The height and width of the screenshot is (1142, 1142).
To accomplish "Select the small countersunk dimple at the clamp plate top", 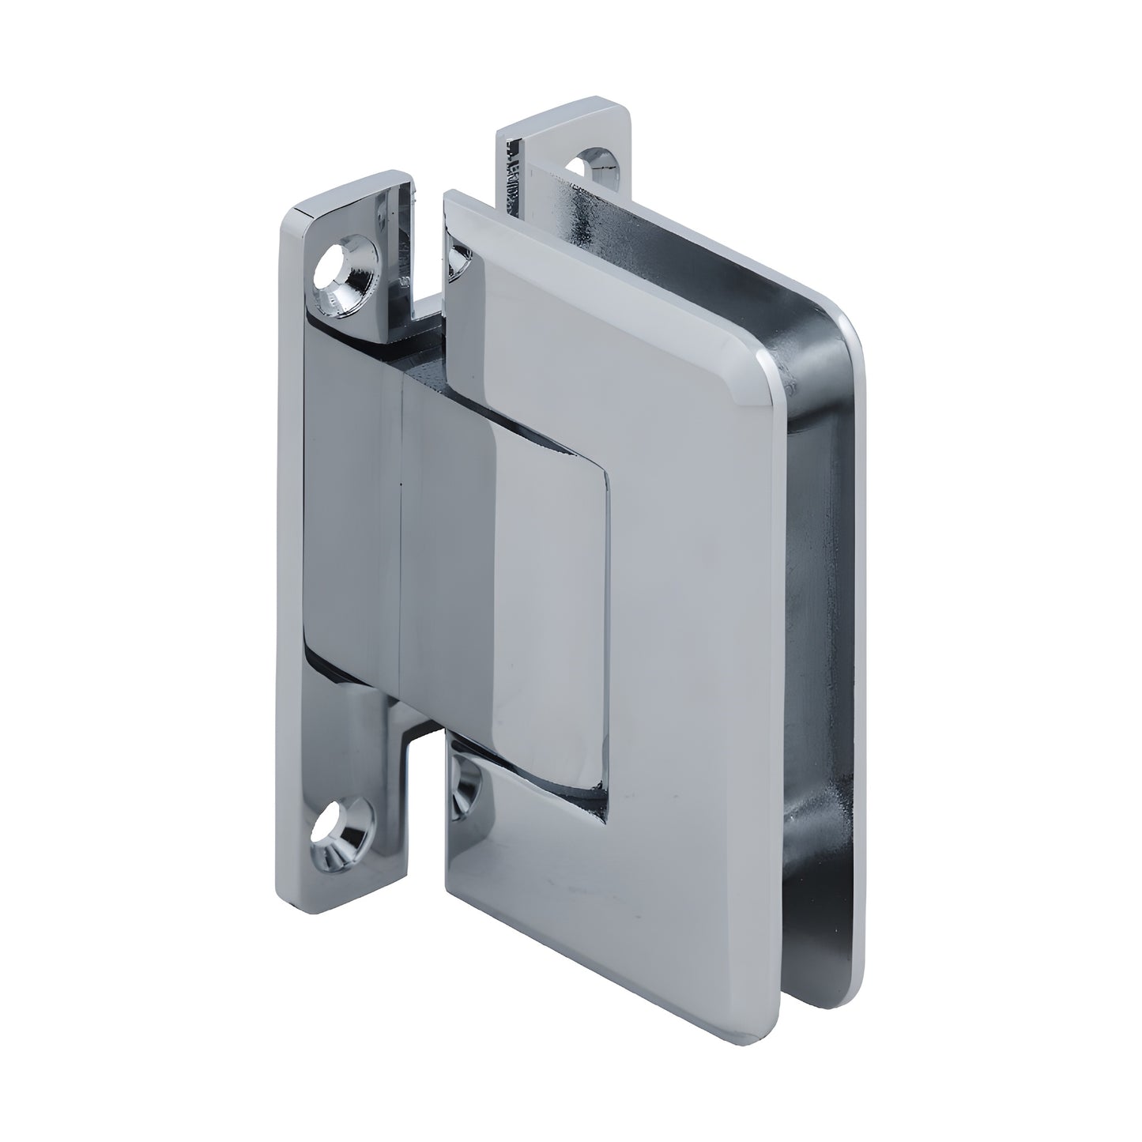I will coord(458,260).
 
